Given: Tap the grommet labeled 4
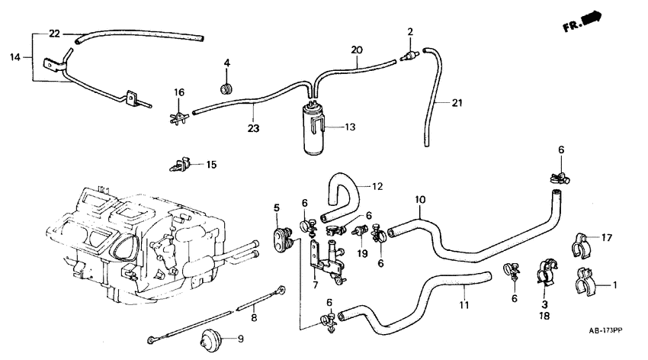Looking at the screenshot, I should (x=226, y=90).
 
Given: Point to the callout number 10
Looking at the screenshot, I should (x=419, y=201).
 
